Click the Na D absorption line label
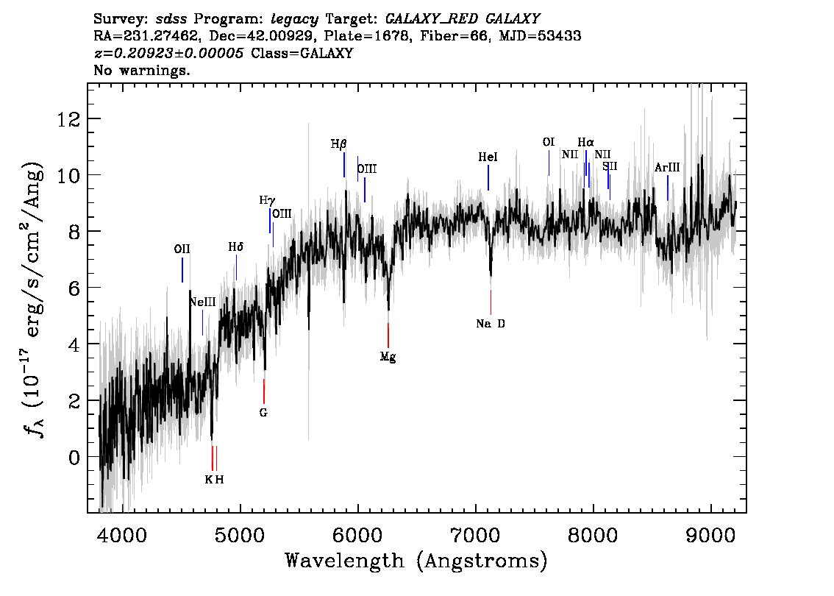point(491,324)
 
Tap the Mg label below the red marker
point(388,357)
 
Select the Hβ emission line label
point(338,144)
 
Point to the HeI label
point(488,157)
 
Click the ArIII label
point(667,168)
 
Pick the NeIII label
point(202,302)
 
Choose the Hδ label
point(235,248)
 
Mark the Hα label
point(585,143)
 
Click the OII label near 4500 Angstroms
point(182,249)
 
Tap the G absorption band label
point(263,413)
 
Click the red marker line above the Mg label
point(388,335)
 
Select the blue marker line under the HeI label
point(488,177)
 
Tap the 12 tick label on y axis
point(68,119)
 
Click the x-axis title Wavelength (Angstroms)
point(416,561)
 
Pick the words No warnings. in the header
point(142,71)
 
